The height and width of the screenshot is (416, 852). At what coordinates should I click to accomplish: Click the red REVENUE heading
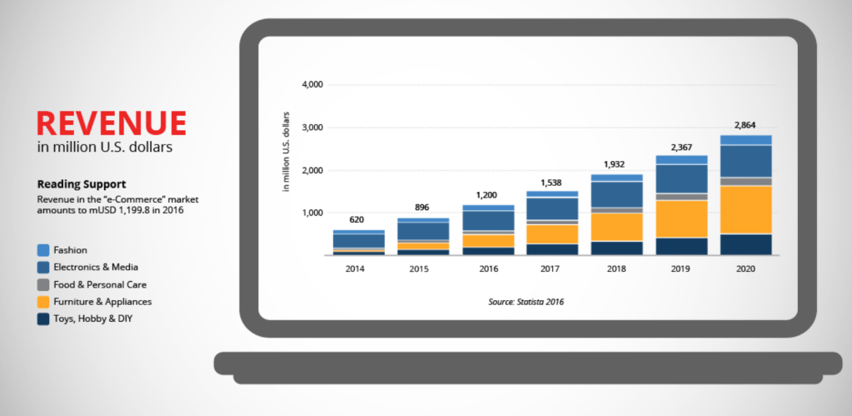(112, 123)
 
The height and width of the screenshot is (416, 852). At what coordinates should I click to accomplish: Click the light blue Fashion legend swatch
(43, 250)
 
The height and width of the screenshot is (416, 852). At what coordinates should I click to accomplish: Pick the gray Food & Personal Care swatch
(43, 284)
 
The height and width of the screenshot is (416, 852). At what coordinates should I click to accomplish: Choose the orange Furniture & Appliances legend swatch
(43, 302)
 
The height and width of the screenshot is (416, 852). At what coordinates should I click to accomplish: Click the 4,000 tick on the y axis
(312, 85)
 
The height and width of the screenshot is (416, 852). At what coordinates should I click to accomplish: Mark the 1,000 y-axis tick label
(312, 213)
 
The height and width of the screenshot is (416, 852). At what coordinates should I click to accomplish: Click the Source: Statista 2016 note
(526, 302)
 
